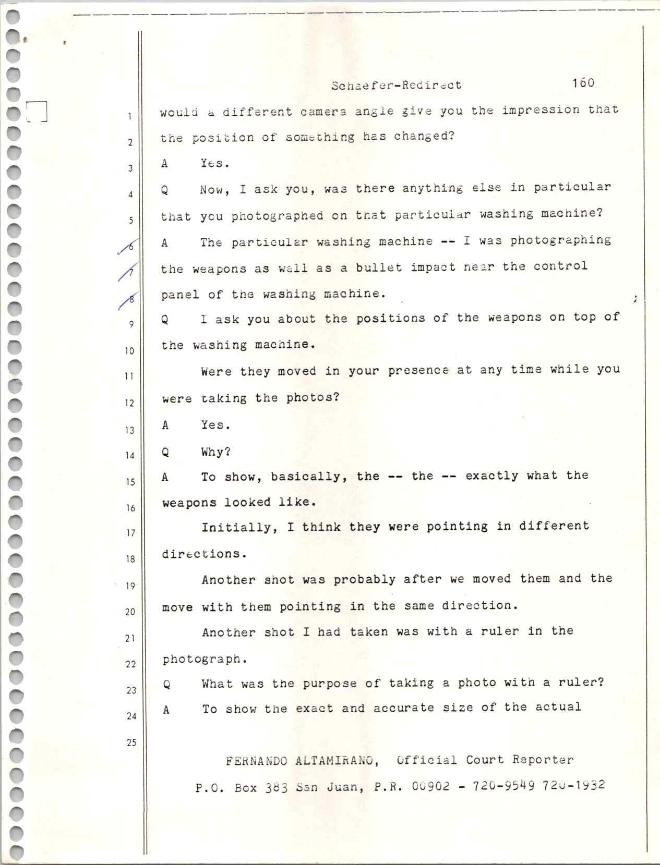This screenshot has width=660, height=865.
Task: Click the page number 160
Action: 583,83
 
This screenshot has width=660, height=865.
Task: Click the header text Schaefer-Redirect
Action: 396,85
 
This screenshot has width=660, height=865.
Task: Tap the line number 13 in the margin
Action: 129,430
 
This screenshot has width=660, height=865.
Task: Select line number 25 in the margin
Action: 130,742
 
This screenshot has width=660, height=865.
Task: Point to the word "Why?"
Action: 216,452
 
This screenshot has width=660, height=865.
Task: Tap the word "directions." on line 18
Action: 204,554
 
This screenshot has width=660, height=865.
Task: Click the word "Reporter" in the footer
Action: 543,760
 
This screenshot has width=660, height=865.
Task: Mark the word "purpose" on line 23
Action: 332,684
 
